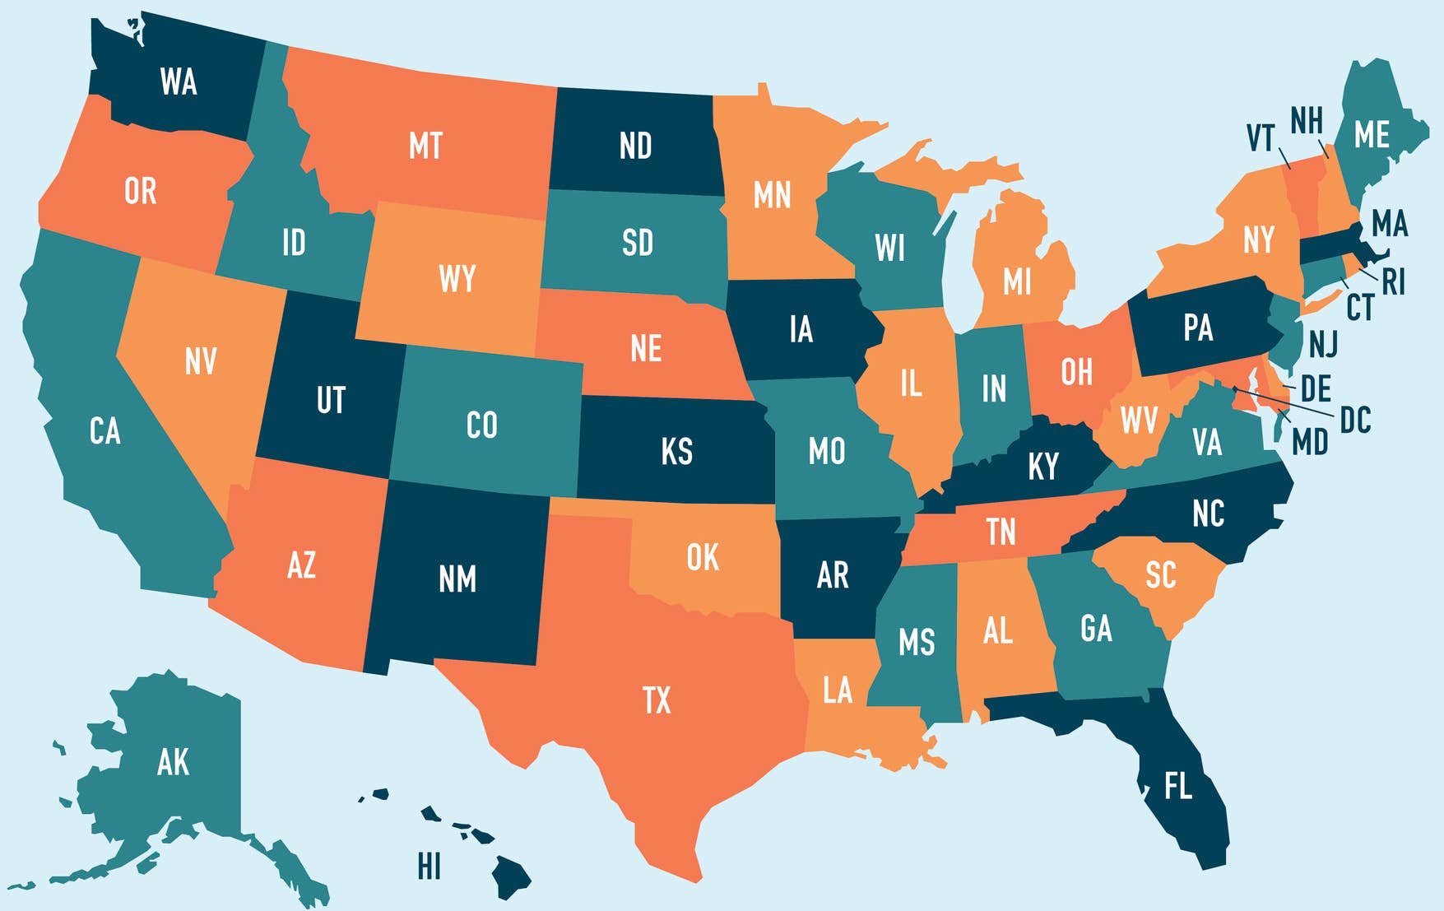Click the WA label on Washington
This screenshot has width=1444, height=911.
(x=179, y=82)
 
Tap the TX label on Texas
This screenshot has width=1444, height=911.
(x=657, y=701)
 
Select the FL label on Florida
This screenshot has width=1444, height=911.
(x=1178, y=787)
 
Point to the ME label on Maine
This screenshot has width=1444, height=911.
(x=1372, y=136)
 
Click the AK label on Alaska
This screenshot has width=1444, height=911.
(x=173, y=763)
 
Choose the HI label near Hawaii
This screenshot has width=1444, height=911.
(x=429, y=867)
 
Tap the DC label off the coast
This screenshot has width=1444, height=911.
(x=1355, y=421)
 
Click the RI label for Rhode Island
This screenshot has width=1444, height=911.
(x=1393, y=282)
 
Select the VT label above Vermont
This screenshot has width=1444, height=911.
(x=1260, y=138)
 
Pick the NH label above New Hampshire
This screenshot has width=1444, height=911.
(x=1306, y=121)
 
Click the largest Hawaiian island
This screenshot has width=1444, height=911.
(x=511, y=877)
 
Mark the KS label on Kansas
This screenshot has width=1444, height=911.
(x=676, y=452)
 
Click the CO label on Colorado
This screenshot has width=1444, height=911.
(x=481, y=425)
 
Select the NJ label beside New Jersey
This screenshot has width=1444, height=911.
(x=1323, y=344)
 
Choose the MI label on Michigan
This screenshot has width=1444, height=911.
(x=1017, y=282)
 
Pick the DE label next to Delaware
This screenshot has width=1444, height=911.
(x=1316, y=388)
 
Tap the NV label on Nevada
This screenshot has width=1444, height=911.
(x=200, y=361)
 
